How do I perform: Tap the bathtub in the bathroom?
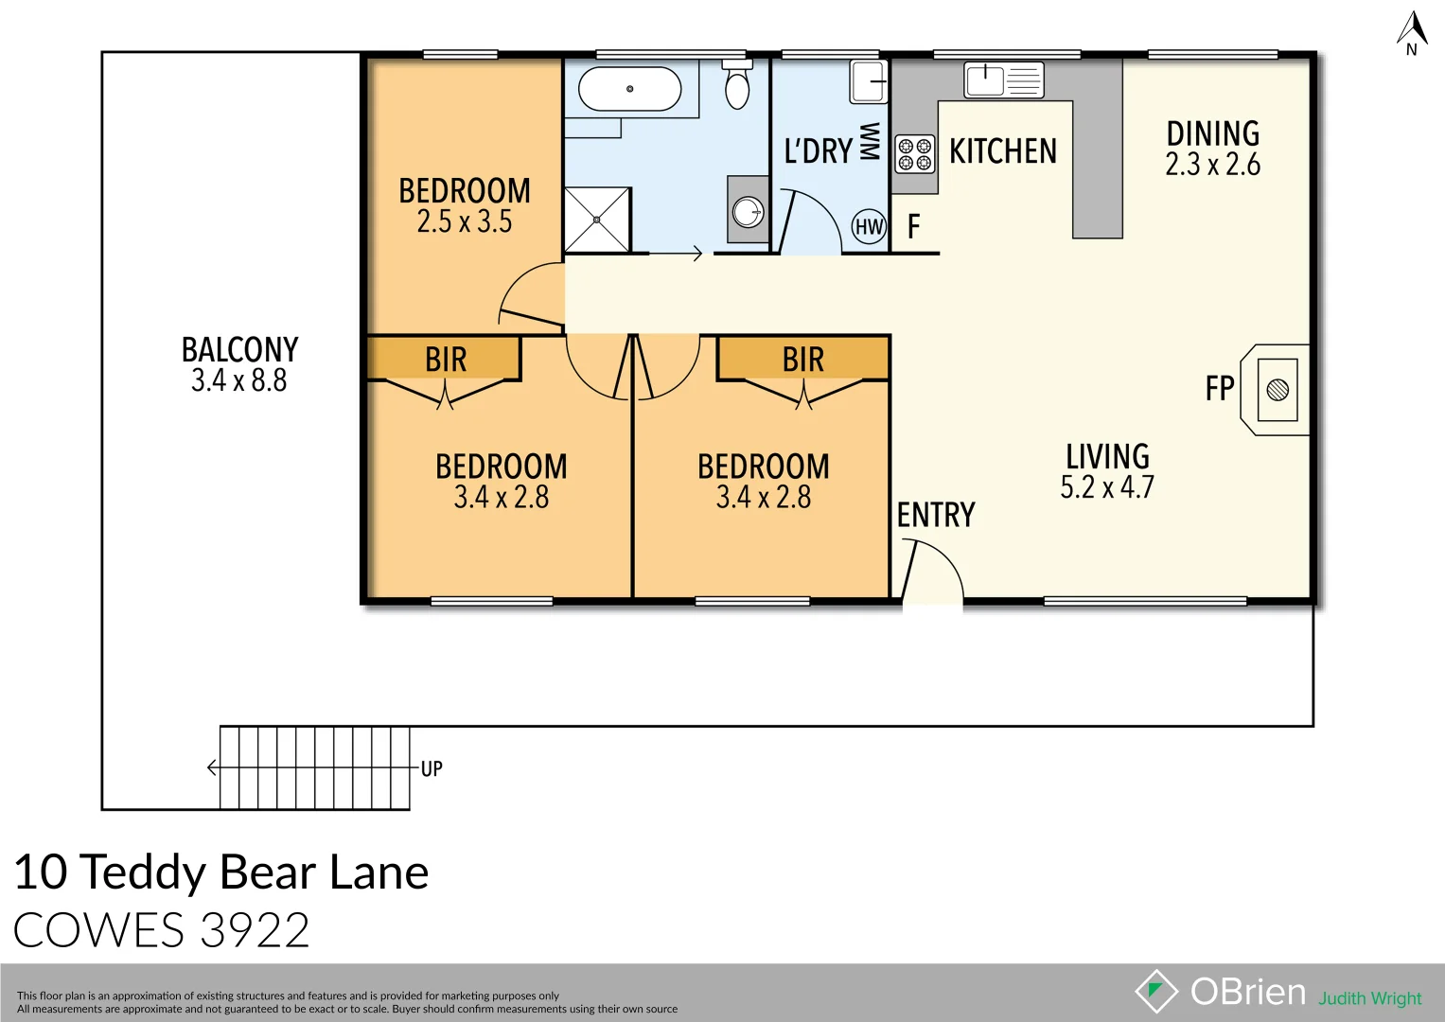click(x=629, y=89)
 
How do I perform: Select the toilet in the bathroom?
click(x=737, y=86)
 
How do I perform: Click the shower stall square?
click(x=597, y=220)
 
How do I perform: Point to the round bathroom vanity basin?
click(x=749, y=211)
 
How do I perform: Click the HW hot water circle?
click(x=869, y=226)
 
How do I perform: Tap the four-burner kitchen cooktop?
click(x=915, y=154)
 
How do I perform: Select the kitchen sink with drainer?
click(x=1004, y=79)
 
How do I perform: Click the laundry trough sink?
click(x=869, y=81)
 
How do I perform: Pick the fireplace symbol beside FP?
click(x=1277, y=389)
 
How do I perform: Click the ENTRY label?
click(x=936, y=515)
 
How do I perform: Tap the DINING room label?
click(x=1212, y=133)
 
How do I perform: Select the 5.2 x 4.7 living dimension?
click(x=1107, y=487)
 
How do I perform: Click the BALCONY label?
click(x=239, y=349)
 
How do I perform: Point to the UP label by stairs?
click(x=432, y=768)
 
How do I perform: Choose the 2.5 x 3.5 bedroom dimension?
click(x=464, y=221)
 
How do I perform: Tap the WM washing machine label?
click(x=870, y=141)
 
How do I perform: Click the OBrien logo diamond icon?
click(x=1155, y=992)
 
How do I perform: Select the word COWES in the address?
click(x=98, y=930)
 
